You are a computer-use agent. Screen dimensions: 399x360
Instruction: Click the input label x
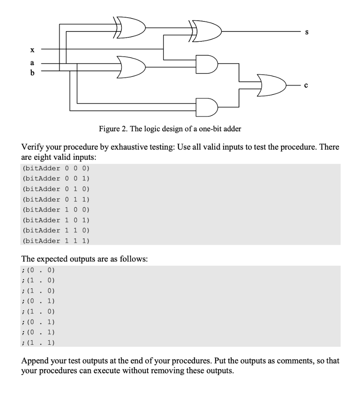click(32, 50)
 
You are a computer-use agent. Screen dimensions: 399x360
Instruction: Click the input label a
click(32, 62)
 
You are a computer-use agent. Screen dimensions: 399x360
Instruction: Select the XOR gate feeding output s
click(206, 28)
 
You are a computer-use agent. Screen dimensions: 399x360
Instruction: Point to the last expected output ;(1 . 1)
click(39, 343)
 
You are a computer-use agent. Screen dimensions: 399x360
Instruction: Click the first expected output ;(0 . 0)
click(39, 270)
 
